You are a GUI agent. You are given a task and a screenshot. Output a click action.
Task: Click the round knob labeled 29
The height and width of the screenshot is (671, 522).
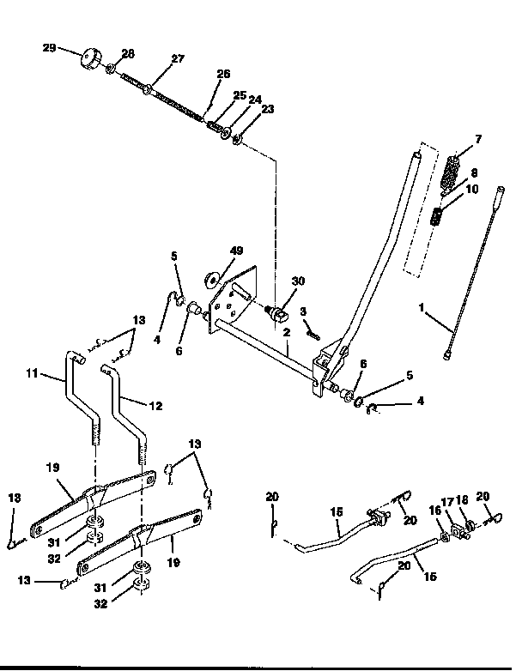(x=88, y=60)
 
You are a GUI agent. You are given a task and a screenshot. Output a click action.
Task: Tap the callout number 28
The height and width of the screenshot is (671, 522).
(x=128, y=54)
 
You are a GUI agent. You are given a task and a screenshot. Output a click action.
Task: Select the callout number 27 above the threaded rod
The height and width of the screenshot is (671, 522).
(x=178, y=59)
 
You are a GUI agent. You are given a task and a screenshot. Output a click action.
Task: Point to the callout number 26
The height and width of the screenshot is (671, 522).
(x=223, y=76)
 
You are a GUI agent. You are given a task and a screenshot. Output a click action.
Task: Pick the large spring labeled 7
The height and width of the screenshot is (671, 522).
(x=452, y=172)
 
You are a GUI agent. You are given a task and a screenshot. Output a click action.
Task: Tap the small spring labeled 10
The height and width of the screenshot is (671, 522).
(x=439, y=216)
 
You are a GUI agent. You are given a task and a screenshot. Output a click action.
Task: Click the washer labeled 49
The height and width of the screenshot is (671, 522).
(x=211, y=280)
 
